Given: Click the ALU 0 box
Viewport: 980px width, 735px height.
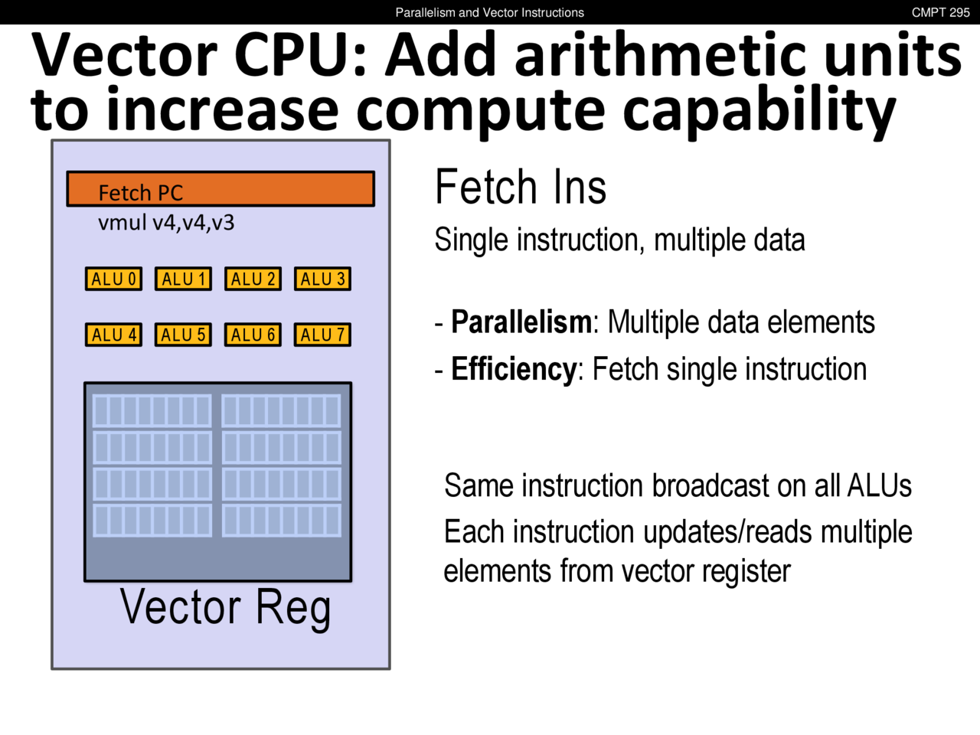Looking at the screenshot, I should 113,279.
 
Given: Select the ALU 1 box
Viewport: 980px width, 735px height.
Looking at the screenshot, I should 183,279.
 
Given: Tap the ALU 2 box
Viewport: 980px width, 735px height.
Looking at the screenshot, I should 253,279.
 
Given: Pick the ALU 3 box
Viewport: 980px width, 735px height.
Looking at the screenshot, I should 322,279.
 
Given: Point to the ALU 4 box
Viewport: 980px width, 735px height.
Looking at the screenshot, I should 113,335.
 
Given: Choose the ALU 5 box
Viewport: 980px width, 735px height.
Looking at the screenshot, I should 183,335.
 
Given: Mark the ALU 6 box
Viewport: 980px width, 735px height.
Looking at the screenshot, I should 253,335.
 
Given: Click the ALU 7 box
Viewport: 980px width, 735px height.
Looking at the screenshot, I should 322,335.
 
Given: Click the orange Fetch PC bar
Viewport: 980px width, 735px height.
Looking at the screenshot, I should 220,189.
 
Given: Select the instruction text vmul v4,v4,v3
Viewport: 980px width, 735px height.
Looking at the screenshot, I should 166,223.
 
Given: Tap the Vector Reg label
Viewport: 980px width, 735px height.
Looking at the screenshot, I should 225,608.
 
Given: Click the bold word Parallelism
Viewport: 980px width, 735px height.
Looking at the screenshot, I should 521,322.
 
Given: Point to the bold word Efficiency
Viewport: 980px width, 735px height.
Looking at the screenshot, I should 513,370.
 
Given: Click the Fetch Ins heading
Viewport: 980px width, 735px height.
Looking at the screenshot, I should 521,188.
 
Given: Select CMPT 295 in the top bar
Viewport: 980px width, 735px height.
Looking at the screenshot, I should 940,12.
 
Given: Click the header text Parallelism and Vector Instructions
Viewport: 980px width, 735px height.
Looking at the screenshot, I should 489,12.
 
